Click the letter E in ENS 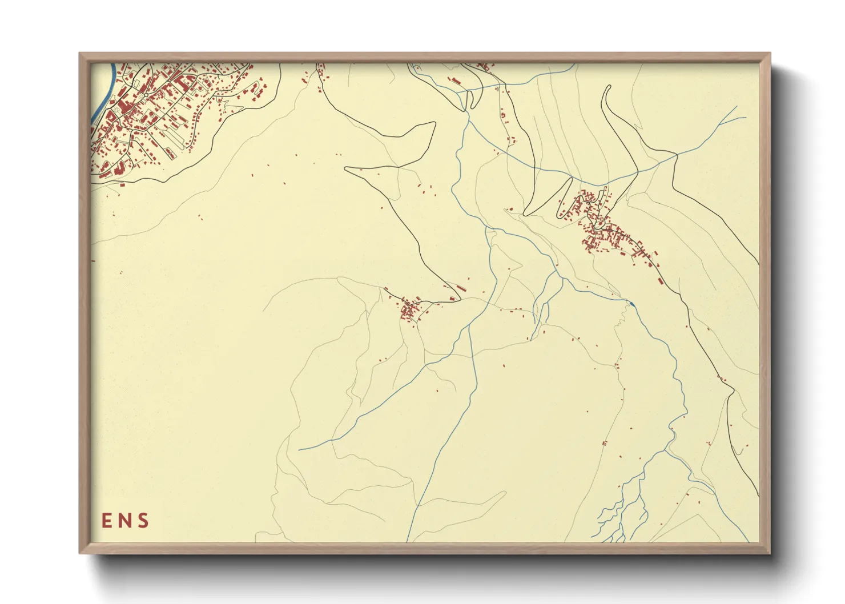[x=107, y=521]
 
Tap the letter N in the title [x=124, y=521]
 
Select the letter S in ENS [x=143, y=521]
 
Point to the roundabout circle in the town [x=146, y=95]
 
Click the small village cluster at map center [x=410, y=310]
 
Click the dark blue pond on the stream [x=631, y=303]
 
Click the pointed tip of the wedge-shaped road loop [x=346, y=168]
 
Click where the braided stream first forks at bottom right [x=665, y=451]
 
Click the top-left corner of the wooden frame [x=79, y=54]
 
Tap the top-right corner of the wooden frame [x=770, y=54]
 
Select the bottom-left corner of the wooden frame [x=79, y=553]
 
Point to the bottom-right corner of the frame [x=770, y=553]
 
